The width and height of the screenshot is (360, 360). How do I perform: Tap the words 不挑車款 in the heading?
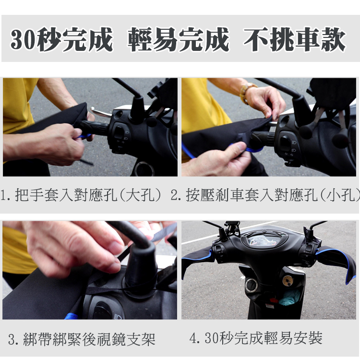tap(294, 39)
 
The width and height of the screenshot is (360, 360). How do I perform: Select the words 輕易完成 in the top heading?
tap(179, 39)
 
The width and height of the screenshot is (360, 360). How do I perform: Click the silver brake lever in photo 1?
tap(101, 112)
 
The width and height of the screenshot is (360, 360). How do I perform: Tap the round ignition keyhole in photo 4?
tap(252, 285)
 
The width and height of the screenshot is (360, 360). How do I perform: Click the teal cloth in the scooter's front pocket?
tap(289, 298)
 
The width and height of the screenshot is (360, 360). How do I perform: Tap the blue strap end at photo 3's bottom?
tap(70, 314)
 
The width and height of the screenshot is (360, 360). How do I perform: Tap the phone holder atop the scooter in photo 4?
tap(232, 228)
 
